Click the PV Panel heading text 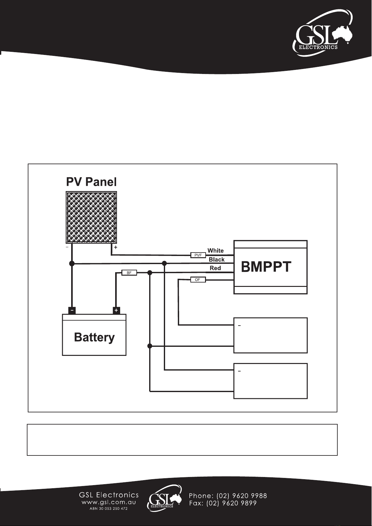pyautogui.click(x=91, y=182)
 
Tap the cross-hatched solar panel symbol pyautogui.click(x=91, y=217)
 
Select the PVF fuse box pyautogui.click(x=198, y=255)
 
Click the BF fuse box pyautogui.click(x=129, y=273)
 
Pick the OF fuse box pyautogui.click(x=198, y=279)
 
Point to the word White pyautogui.click(x=215, y=251)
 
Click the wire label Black pyautogui.click(x=217, y=259)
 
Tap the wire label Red pyautogui.click(x=215, y=268)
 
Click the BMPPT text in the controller pyautogui.click(x=266, y=267)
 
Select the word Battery pyautogui.click(x=94, y=337)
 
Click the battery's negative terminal pyautogui.click(x=72, y=310)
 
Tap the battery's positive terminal pyautogui.click(x=116, y=310)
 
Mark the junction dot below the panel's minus pyautogui.click(x=72, y=263)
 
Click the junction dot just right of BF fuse pyautogui.click(x=150, y=273)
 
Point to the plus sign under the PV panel pyautogui.click(x=115, y=247)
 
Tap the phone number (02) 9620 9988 pyautogui.click(x=242, y=496)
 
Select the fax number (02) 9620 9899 pyautogui.click(x=232, y=503)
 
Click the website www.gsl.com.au pyautogui.click(x=109, y=502)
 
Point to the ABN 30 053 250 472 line pyautogui.click(x=109, y=509)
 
